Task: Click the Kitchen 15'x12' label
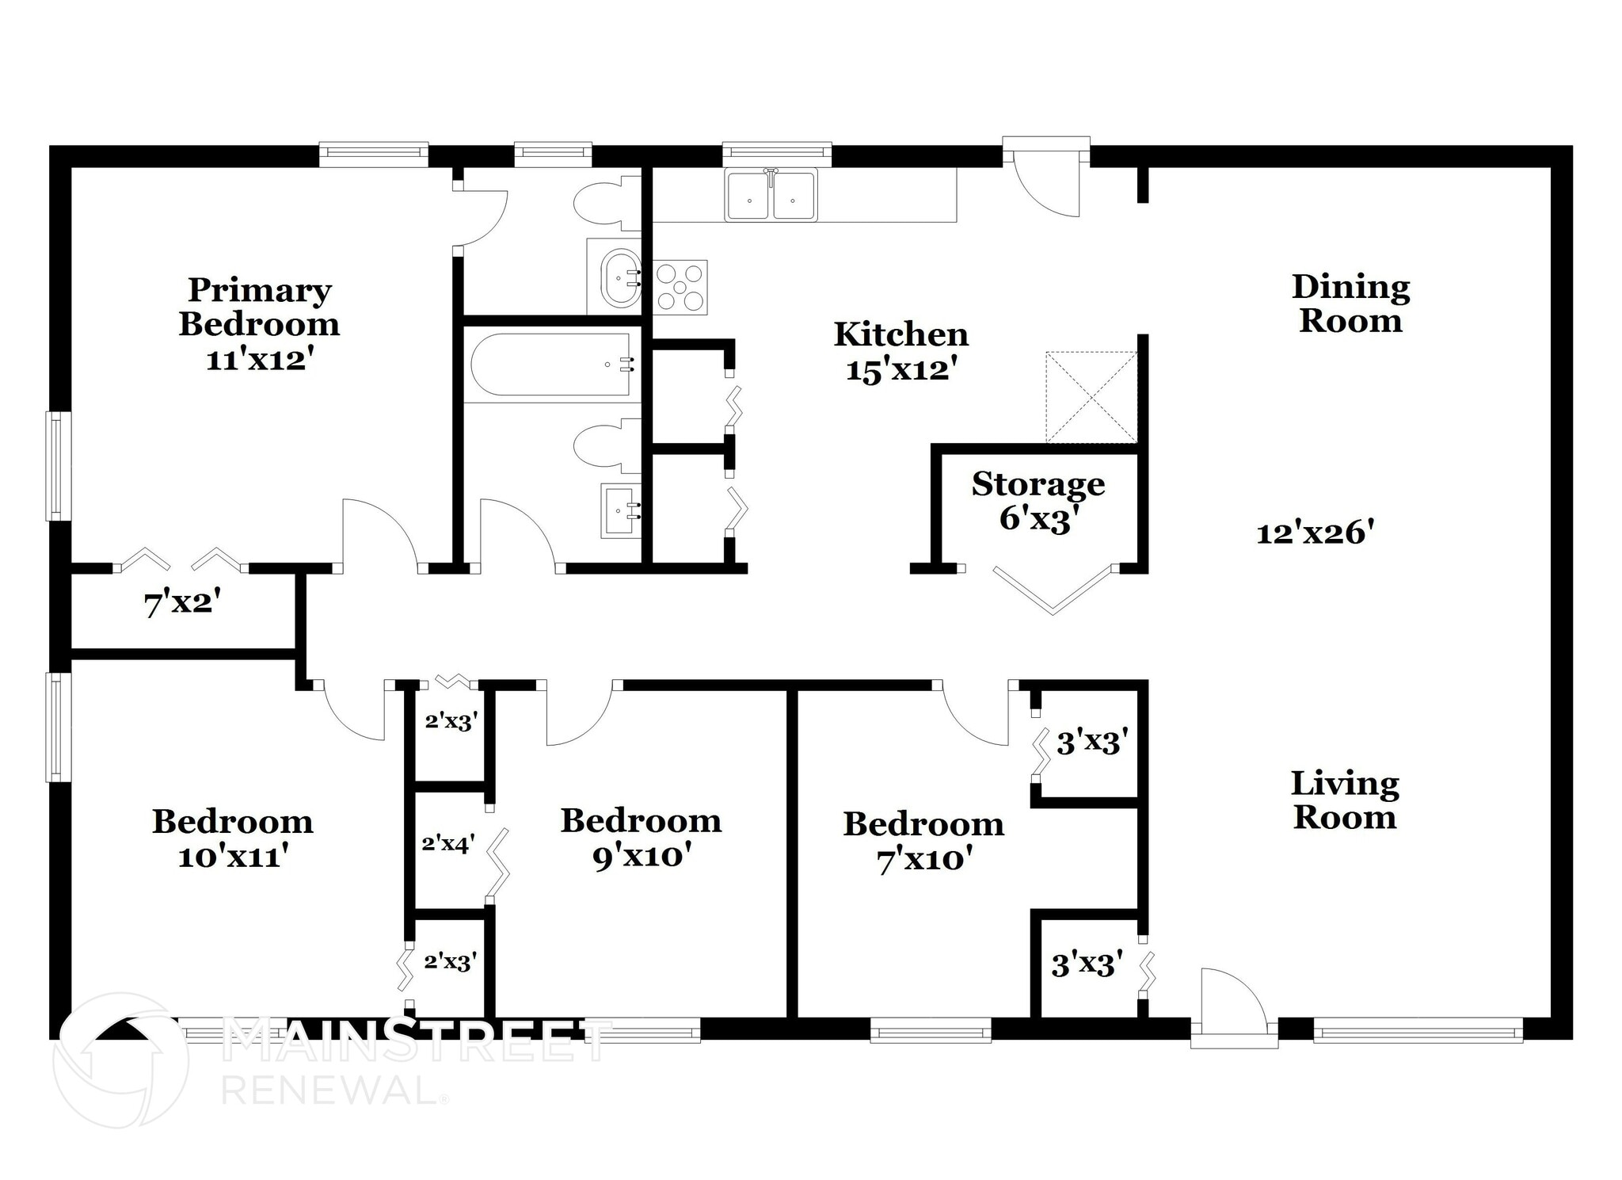[x=900, y=352]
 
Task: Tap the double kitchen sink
[x=771, y=196]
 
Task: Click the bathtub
[x=551, y=364]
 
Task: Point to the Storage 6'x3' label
[x=1038, y=501]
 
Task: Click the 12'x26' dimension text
[x=1314, y=533]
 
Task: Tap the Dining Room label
[x=1350, y=304]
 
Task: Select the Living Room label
[x=1345, y=800]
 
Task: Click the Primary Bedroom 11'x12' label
[x=259, y=324]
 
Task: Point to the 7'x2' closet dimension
[x=181, y=605]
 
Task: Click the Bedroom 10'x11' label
[x=232, y=838]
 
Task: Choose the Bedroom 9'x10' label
[x=641, y=838]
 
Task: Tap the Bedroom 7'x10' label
[x=923, y=841]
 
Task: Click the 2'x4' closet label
[x=447, y=844]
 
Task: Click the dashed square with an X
[x=1091, y=397]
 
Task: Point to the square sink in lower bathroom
[x=620, y=510]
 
